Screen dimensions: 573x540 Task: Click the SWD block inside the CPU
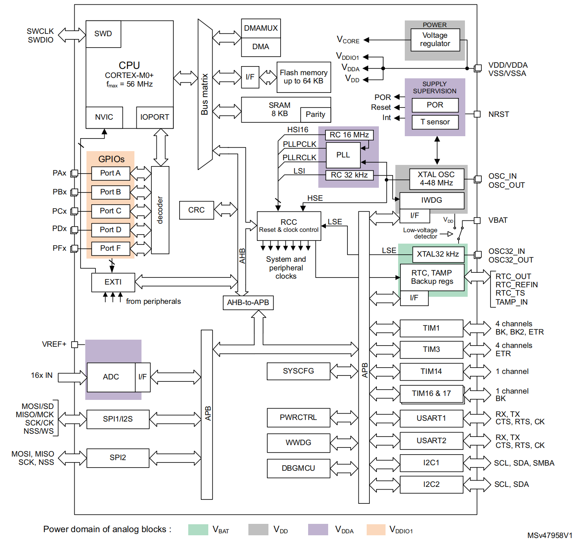point(103,34)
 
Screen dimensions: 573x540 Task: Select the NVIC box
point(104,117)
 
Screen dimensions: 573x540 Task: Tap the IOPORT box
point(154,117)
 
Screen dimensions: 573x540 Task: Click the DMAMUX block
point(261,28)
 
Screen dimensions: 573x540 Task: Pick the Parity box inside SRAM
point(315,115)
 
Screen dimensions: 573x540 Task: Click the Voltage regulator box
point(435,40)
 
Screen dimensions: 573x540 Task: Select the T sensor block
point(435,122)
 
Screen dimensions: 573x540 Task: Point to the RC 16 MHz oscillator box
point(349,135)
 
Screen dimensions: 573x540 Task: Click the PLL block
point(343,155)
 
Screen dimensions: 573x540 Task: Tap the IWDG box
point(432,200)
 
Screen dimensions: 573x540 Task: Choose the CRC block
point(197,210)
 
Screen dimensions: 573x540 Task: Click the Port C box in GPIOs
point(110,211)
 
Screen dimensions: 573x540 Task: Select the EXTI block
point(113,282)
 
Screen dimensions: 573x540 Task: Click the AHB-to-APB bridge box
point(248,303)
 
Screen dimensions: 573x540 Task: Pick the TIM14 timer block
point(432,372)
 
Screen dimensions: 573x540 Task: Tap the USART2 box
point(432,441)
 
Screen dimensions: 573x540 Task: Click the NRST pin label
point(499,115)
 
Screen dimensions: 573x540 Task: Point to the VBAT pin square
point(477,220)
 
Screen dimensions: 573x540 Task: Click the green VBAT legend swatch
point(198,530)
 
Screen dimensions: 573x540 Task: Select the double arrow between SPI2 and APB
point(175,458)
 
